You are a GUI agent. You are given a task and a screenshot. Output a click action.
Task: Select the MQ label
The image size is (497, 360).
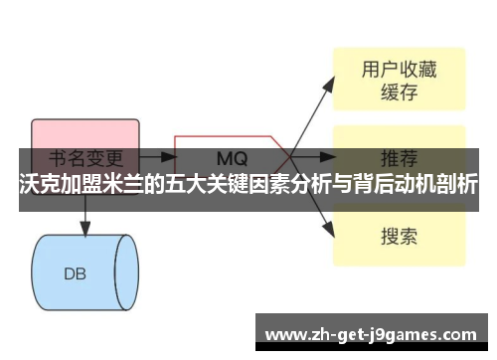click(233, 157)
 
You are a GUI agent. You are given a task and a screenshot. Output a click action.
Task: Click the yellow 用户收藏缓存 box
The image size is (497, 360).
click(398, 82)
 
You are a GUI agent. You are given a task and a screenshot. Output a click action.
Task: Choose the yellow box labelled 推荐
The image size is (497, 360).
click(398, 157)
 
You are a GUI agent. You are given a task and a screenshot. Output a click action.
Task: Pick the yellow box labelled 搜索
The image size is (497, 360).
click(398, 236)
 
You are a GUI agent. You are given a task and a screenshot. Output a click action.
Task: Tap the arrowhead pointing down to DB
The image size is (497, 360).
click(84, 230)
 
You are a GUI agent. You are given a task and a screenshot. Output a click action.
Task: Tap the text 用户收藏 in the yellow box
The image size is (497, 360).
click(398, 69)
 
